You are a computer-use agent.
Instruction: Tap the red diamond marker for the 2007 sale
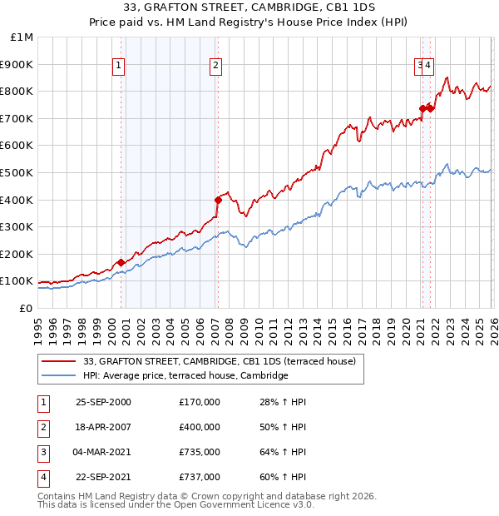click(218, 200)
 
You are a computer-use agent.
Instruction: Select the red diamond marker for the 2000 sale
click(121, 262)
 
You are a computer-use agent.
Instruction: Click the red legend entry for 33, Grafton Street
click(220, 361)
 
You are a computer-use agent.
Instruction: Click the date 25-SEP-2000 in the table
click(103, 402)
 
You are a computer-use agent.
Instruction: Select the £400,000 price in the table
click(200, 427)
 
